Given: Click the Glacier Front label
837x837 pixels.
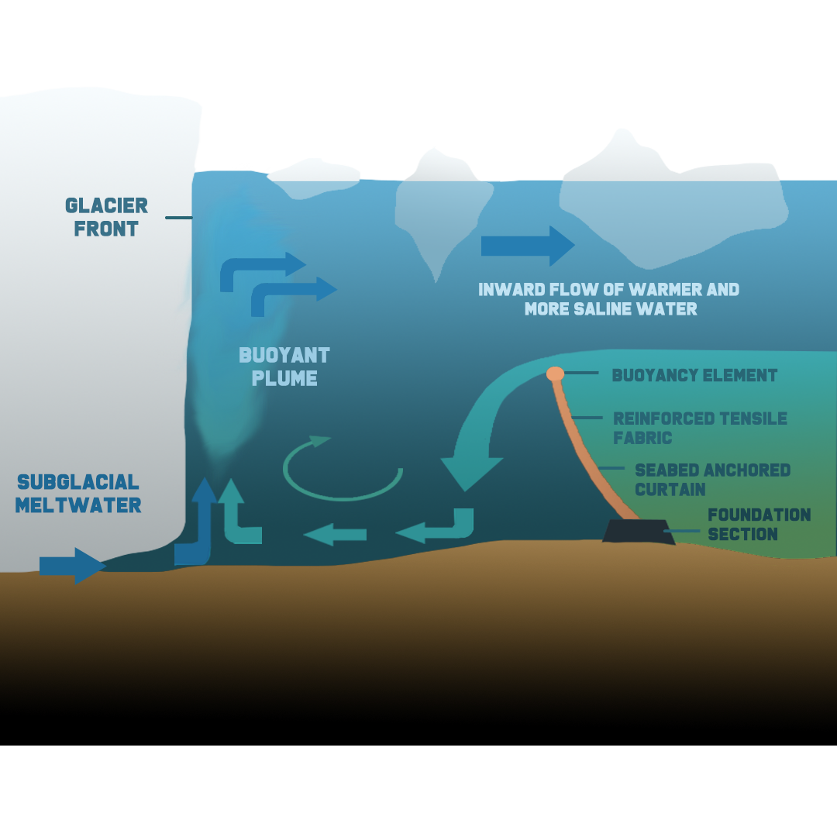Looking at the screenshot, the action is point(106,217).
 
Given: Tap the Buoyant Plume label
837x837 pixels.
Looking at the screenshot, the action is point(284,367).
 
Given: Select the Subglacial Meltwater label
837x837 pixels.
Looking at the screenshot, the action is point(77,494).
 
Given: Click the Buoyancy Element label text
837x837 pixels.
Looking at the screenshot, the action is point(694,375).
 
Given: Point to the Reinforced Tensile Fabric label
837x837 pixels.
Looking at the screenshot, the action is point(699,428).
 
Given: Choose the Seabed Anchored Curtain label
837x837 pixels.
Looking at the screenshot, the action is point(711,480).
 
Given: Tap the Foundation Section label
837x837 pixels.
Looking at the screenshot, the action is point(759,525).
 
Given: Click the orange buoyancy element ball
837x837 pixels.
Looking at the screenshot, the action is point(555,374).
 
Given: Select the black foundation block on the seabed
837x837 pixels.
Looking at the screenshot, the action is point(638,532).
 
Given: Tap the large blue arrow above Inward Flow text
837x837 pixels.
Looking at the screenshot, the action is point(527,246).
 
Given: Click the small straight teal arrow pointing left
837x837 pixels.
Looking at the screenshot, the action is point(335,534).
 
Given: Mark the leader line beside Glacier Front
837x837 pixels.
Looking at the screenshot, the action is point(178,218).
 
